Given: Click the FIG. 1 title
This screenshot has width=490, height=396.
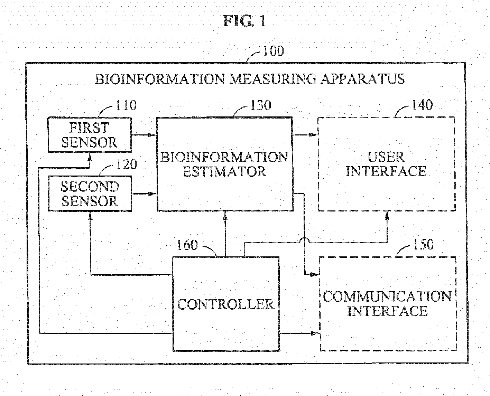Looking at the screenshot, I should coord(245,21).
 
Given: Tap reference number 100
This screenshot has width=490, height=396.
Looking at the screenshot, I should coord(273,51).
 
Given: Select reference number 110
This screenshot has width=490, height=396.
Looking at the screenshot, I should coord(126,105).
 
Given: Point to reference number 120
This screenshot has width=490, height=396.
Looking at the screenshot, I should coord(126,164).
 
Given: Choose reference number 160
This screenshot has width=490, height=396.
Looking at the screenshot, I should coord(187,245).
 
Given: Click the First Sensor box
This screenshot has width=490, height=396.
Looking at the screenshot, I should coord(90,135).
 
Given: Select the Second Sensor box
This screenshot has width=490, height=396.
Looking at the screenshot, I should coord(90,194).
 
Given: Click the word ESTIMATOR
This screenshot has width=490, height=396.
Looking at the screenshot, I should coord(224,172).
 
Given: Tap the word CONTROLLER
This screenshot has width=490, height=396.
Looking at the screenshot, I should coord(225,304).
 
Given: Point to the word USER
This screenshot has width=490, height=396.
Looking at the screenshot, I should coord(386,157).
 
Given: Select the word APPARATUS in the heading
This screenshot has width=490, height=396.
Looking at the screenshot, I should coord(362,79).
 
